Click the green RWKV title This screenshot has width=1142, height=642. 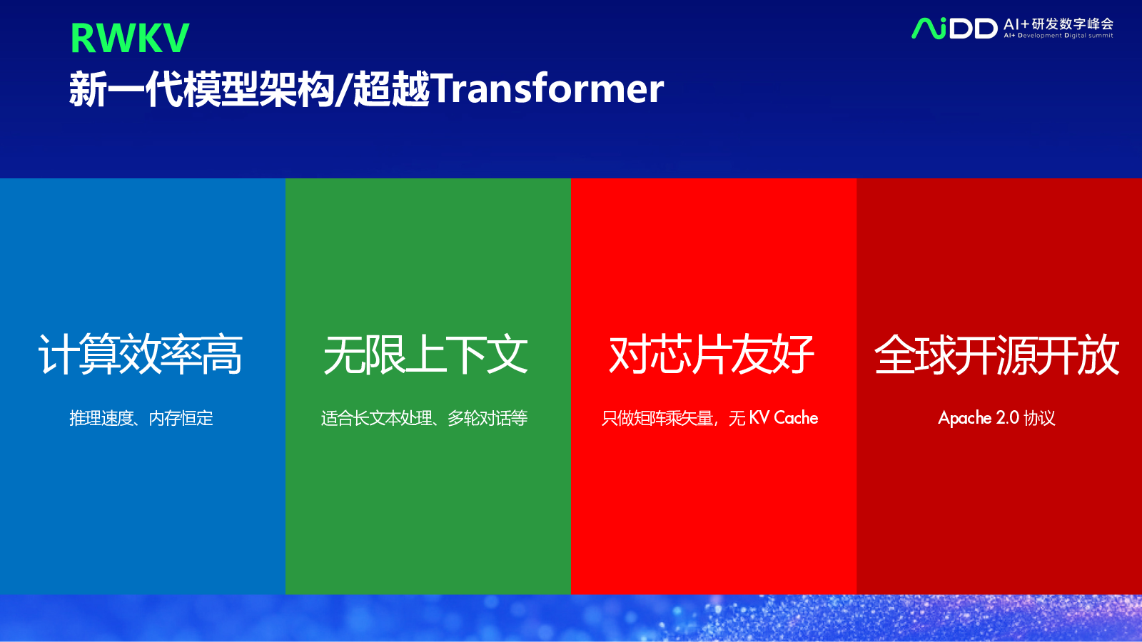pos(129,38)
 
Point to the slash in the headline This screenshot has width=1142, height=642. pos(343,89)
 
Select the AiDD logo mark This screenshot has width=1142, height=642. pos(954,28)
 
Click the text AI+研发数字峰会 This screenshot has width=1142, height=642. pos(1058,24)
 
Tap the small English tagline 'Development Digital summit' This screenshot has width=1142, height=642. pos(1066,36)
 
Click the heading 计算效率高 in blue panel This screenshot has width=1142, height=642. pos(140,355)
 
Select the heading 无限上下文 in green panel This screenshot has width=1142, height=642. pos(425,355)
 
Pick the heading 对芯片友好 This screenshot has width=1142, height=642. pos(711,355)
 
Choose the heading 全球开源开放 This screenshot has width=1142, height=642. pos(996,355)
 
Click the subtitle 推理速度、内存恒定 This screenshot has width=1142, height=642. pos(141,418)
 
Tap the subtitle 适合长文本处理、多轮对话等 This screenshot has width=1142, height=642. pos(424,418)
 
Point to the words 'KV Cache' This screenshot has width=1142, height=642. pos(783,418)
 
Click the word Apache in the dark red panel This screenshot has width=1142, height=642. pos(964,418)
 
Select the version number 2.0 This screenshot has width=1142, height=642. pos(1007,418)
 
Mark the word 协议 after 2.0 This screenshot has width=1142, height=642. pos(1039,418)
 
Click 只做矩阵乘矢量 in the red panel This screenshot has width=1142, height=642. pos(657,418)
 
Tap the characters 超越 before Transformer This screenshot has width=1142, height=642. pos(392,89)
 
